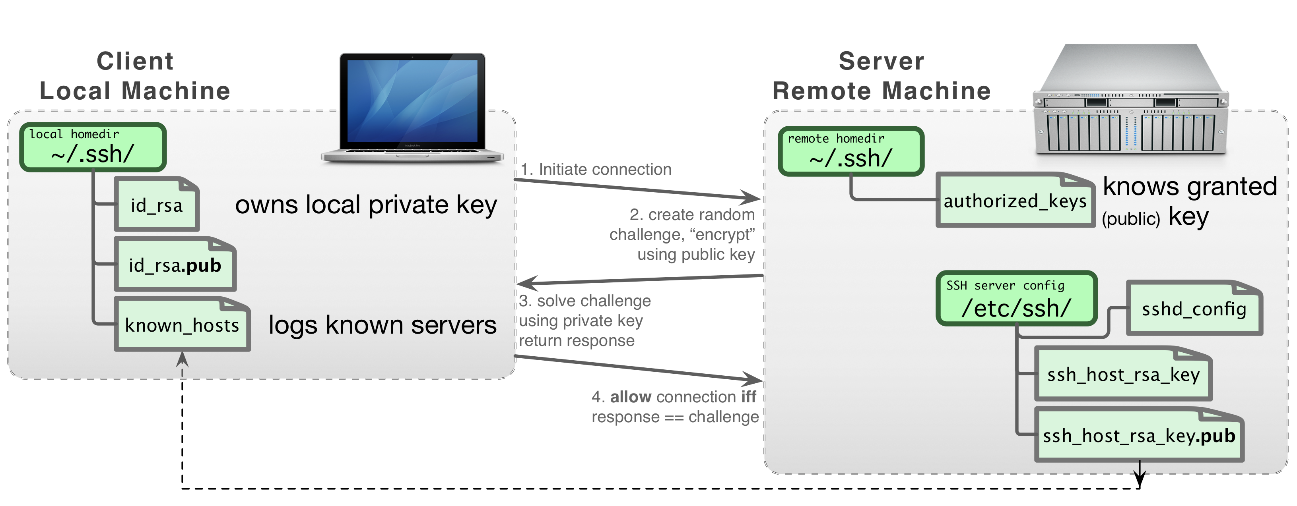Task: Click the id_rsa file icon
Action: pyautogui.click(x=157, y=204)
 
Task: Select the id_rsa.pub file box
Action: pyautogui.click(x=175, y=265)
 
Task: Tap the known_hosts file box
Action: pyautogui.click(x=182, y=324)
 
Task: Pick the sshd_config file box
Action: pyautogui.click(x=1194, y=308)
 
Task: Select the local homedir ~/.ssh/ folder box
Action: pyautogui.click(x=93, y=147)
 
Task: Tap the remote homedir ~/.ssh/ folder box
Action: pyautogui.click(x=851, y=151)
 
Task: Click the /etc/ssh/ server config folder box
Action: pyautogui.click(x=1016, y=299)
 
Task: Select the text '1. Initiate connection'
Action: pyautogui.click(x=596, y=170)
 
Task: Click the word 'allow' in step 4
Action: pyautogui.click(x=631, y=397)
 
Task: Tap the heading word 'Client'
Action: pyautogui.click(x=135, y=62)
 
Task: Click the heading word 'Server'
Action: pyautogui.click(x=881, y=62)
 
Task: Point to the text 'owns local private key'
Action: pyautogui.click(x=366, y=205)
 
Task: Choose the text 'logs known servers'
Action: pyautogui.click(x=382, y=324)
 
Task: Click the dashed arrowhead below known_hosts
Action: pyautogui.click(x=182, y=359)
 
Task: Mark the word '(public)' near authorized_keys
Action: pyautogui.click(x=1131, y=219)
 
